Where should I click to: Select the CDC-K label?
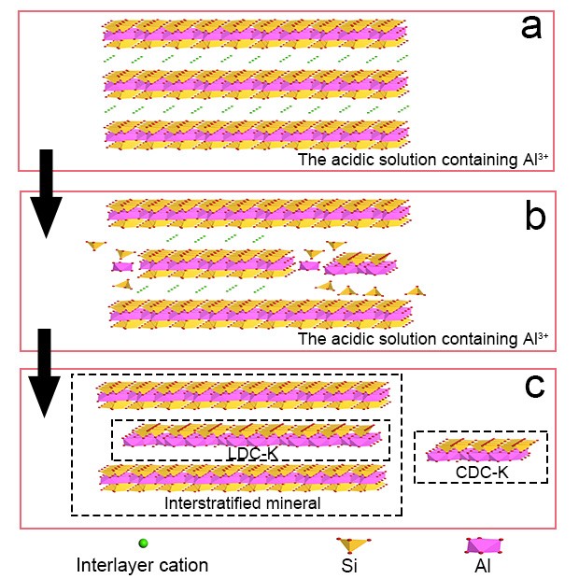(x=482, y=473)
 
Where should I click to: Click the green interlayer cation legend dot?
(x=143, y=543)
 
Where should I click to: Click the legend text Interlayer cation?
(x=142, y=564)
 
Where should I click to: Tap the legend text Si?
(x=351, y=564)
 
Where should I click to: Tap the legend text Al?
(x=483, y=564)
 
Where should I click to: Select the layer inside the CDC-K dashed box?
(x=482, y=448)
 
